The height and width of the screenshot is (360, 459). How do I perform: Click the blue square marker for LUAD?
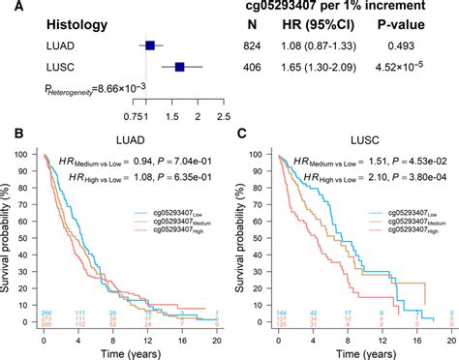150,45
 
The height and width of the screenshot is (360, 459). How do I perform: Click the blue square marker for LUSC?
180,67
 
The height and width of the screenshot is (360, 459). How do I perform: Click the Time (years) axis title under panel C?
352,351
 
